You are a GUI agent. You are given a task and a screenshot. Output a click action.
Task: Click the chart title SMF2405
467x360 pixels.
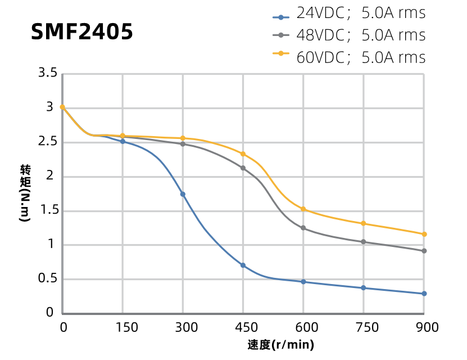[82, 32]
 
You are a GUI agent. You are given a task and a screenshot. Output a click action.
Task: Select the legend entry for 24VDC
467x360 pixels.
[348, 13]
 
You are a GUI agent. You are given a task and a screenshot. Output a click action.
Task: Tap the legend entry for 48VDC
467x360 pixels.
[348, 35]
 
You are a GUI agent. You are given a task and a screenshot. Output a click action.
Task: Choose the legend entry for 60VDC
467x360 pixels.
[348, 57]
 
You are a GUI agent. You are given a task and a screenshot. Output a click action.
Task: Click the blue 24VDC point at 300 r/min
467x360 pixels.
[183, 194]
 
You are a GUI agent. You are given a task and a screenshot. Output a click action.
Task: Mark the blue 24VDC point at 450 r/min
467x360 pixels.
[243, 265]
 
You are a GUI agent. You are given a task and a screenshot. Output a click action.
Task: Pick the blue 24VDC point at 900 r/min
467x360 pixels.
[424, 294]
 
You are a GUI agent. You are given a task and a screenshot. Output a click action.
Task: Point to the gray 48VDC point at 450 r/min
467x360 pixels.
[243, 168]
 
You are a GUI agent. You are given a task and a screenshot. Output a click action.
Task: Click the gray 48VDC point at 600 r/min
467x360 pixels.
[303, 228]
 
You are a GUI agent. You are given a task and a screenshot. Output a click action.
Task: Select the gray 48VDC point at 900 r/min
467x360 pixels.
[424, 251]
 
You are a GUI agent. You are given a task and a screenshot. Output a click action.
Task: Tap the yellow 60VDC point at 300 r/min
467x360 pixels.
[183, 138]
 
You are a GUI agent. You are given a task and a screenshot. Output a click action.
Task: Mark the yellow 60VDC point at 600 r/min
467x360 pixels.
[303, 209]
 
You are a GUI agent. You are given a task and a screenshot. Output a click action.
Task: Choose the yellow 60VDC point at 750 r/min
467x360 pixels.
[364, 223]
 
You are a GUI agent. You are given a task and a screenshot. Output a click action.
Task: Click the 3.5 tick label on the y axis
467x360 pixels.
[48, 73]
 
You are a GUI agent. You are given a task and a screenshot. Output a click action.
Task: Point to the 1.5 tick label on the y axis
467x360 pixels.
[48, 210]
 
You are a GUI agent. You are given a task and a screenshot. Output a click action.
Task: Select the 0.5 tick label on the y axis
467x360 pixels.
[48, 279]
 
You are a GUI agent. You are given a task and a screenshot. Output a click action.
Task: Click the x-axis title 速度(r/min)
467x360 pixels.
[280, 345]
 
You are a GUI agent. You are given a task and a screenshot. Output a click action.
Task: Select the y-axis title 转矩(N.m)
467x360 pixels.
[25, 193]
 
